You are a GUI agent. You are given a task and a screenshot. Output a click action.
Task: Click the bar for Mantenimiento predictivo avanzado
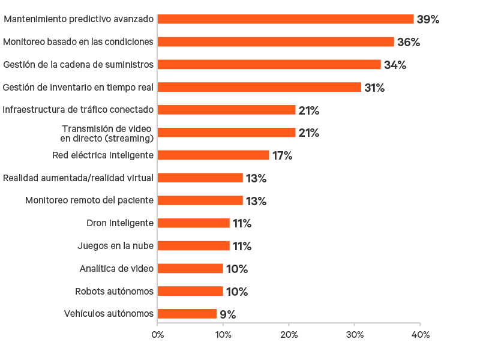pyautogui.click(x=286, y=19)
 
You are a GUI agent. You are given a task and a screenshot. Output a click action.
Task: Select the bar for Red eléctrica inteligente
pyautogui.click(x=214, y=155)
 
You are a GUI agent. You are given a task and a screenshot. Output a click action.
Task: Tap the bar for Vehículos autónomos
pyautogui.click(x=187, y=314)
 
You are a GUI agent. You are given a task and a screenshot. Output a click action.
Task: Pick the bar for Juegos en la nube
pyautogui.click(x=194, y=246)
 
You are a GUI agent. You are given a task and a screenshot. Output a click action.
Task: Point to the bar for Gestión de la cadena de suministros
pyautogui.click(x=269, y=65)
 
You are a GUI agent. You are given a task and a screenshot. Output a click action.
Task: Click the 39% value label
pyautogui.click(x=428, y=19)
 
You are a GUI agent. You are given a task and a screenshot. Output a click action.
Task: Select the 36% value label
pyautogui.click(x=408, y=42)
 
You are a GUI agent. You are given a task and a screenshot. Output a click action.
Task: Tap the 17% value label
pyautogui.click(x=282, y=155)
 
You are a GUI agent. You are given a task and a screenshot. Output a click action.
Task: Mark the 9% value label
pyautogui.click(x=227, y=314)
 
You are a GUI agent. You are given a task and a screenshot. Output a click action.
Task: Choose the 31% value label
pyautogui.click(x=374, y=88)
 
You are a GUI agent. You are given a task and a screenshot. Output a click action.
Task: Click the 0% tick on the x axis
pyautogui.click(x=157, y=334)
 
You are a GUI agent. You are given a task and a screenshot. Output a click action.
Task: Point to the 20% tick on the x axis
pyautogui.click(x=289, y=334)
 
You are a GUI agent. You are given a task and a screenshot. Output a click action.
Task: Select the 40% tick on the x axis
pyautogui.click(x=420, y=334)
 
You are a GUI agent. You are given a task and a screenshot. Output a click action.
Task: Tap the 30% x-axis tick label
pyautogui.click(x=355, y=334)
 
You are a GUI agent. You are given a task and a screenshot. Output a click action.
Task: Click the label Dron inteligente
pyautogui.click(x=120, y=223)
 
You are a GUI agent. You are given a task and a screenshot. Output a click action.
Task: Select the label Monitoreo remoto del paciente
pyautogui.click(x=89, y=200)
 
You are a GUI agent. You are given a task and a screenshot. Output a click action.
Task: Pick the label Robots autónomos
pyautogui.click(x=114, y=292)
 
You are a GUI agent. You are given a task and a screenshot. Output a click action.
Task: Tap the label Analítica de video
pyautogui.click(x=116, y=269)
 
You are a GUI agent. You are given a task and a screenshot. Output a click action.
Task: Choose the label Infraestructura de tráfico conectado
pyautogui.click(x=78, y=110)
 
